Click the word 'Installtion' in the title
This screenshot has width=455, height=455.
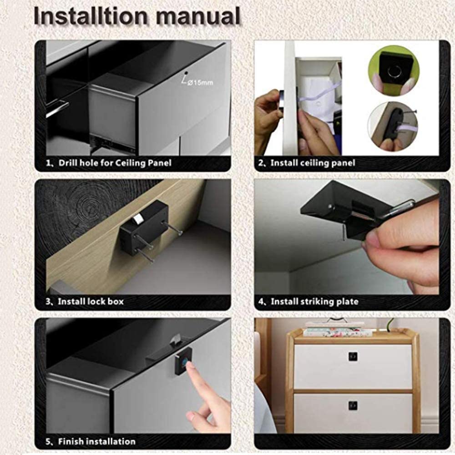tap(91, 16)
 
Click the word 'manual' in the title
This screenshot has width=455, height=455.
tap(198, 16)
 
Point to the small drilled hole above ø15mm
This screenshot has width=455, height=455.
tap(186, 73)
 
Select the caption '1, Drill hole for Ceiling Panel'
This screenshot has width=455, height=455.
tap(109, 163)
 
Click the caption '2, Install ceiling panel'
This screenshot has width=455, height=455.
tap(307, 163)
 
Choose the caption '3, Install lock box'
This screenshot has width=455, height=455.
tap(85, 302)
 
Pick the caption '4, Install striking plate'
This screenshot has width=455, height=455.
tap(308, 302)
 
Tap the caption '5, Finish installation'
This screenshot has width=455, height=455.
tap(91, 441)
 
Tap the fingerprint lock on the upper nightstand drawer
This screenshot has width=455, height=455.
tap(353, 356)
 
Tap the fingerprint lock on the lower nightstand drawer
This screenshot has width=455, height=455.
tap(353, 406)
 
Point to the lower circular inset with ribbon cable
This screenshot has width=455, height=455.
tap(393, 126)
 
